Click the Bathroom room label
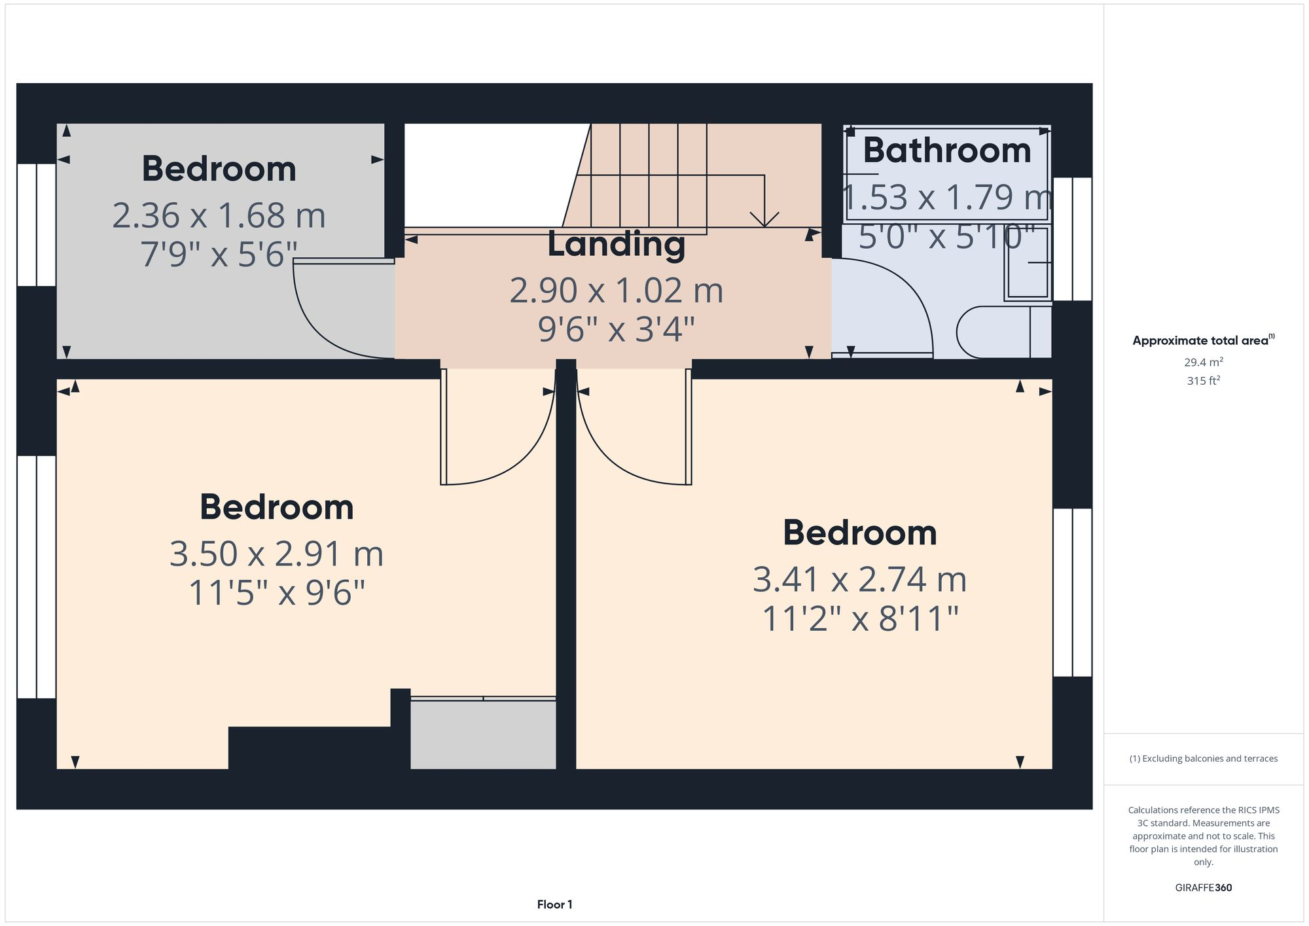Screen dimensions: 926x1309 (x=946, y=151)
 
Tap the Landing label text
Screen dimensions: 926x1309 (x=616, y=244)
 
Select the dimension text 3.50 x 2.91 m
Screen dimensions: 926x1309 (x=276, y=554)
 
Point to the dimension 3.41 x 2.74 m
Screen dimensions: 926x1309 (x=859, y=579)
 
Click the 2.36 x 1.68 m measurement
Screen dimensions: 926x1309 (x=219, y=215)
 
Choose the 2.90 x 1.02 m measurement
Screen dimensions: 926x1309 (x=616, y=291)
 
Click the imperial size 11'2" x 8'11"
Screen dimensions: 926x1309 (x=860, y=618)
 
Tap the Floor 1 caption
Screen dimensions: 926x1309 (x=554, y=904)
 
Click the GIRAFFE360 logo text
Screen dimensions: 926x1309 (x=1203, y=887)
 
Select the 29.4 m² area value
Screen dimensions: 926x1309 (x=1203, y=362)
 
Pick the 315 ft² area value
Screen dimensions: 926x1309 (x=1203, y=380)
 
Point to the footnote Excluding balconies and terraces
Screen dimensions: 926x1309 (x=1203, y=758)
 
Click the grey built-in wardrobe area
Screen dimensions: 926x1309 (x=483, y=734)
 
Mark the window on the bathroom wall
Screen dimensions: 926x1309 (x=1072, y=239)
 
